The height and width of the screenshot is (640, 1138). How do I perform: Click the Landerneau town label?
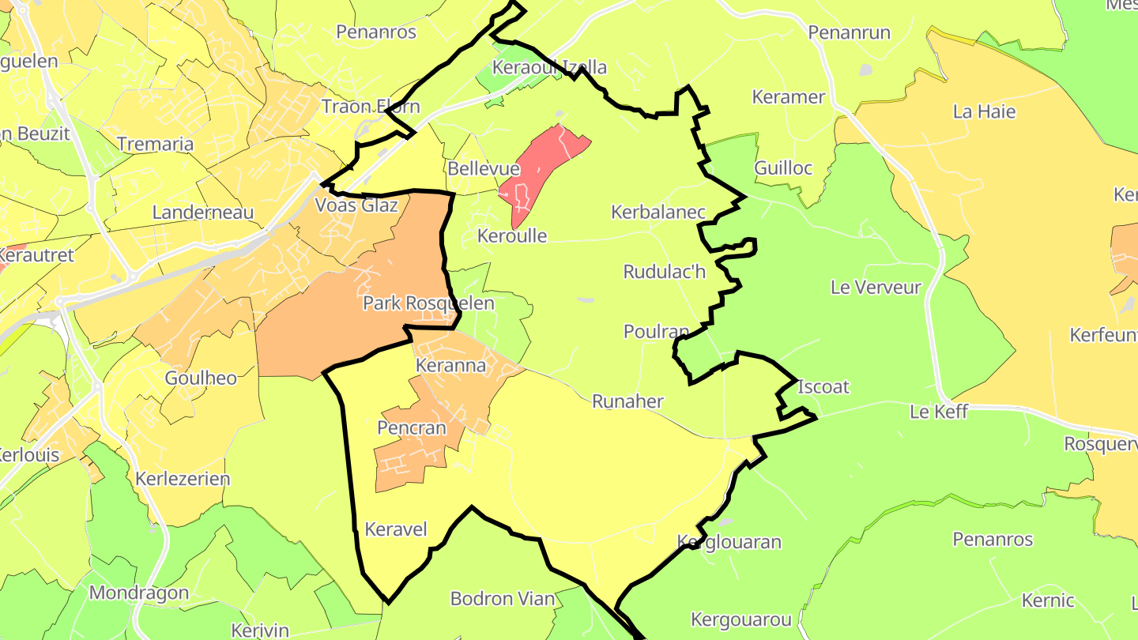pos(203,212)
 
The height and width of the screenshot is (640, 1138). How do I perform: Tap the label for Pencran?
pos(412,428)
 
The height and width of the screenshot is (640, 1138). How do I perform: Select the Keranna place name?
pos(450,366)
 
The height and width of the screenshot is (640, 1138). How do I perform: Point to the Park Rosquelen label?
pos(428,303)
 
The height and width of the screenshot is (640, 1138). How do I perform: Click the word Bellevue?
pos(484,168)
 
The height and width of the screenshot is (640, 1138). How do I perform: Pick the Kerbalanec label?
pos(658,212)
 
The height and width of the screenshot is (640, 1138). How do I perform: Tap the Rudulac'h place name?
pos(664,272)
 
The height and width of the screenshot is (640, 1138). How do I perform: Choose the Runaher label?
pos(627,401)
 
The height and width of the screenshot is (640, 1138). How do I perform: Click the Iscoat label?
pos(823,386)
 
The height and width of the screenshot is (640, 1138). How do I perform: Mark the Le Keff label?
pos(939,412)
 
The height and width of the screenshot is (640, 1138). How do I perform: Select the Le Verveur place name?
pos(876,287)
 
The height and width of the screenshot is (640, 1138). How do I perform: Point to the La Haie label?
pos(984,111)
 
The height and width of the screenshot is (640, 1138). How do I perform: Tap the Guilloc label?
pos(783,168)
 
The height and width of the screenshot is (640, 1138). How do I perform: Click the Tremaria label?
pos(156,144)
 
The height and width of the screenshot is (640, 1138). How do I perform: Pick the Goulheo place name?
pos(201,378)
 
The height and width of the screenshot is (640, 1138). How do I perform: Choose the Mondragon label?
pos(139,593)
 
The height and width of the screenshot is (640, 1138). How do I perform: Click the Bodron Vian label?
pos(503,598)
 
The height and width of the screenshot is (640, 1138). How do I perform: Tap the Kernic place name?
pos(1048,600)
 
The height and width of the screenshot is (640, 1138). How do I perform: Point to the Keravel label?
pos(395,529)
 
